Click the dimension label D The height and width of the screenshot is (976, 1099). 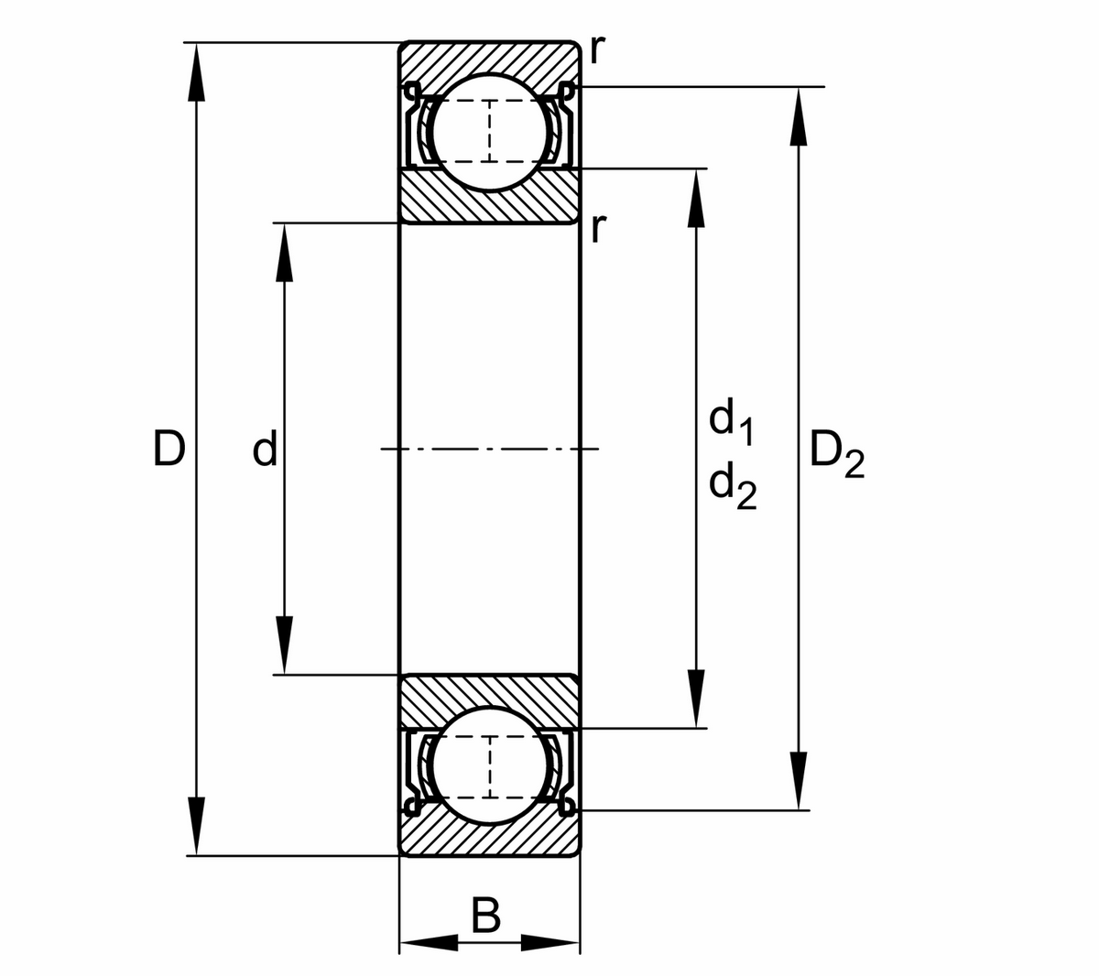click(169, 449)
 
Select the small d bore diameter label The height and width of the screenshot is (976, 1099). click(264, 450)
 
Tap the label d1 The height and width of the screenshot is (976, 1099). click(731, 421)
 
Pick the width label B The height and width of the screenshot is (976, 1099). click(486, 915)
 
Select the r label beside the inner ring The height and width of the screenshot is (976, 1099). click(596, 227)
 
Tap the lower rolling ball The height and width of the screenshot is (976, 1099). click(490, 766)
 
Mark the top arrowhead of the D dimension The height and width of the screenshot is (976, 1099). click(195, 69)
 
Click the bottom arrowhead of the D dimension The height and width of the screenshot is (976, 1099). click(195, 829)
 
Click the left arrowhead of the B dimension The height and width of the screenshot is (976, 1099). click(426, 942)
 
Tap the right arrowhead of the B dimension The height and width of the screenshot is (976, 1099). click(553, 942)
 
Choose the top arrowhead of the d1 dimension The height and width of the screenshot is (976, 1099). click(696, 196)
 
